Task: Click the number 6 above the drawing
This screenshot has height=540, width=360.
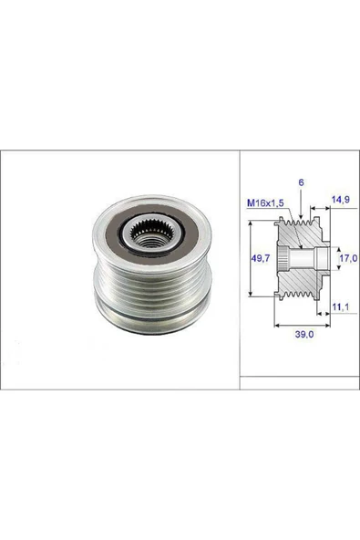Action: (302, 182)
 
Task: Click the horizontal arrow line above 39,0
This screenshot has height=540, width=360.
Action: (300, 326)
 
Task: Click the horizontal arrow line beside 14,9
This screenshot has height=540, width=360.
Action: (322, 207)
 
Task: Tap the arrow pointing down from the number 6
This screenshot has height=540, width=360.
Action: (302, 202)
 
